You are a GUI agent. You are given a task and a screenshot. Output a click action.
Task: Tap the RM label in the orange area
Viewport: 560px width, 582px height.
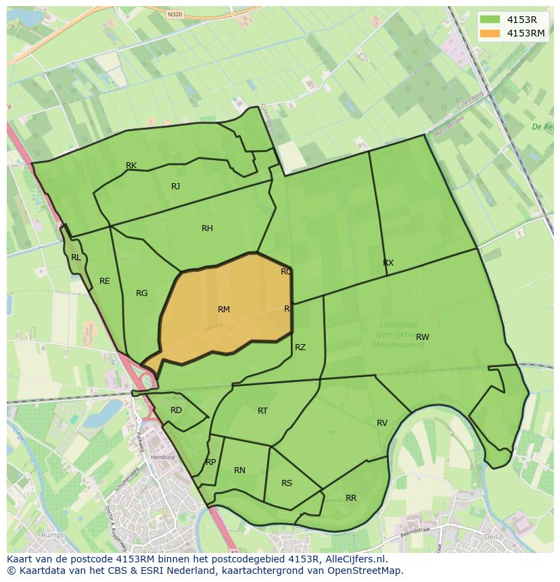tap(224, 310)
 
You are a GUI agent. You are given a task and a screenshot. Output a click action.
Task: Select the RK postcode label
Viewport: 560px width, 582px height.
tap(131, 166)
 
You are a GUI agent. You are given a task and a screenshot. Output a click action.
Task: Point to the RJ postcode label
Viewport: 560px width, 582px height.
tap(176, 187)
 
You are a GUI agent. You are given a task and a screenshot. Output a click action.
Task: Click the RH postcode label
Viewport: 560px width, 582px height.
tap(207, 228)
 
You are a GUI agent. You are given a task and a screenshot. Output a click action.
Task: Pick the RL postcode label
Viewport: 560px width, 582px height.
tap(76, 258)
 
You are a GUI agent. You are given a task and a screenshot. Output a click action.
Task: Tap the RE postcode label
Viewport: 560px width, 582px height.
tap(105, 281)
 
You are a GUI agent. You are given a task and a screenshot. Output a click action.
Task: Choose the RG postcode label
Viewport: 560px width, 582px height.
tap(141, 293)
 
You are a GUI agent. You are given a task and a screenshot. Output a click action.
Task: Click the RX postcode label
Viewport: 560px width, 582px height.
tap(388, 263)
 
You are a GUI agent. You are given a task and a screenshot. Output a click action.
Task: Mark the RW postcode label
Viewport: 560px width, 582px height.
tap(423, 337)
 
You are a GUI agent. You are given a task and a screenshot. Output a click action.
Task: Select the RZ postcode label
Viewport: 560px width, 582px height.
tap(300, 347)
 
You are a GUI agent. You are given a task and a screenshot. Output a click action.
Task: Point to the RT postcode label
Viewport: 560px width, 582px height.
tap(263, 411)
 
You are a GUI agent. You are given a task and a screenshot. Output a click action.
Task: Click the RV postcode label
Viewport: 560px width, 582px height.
tap(382, 423)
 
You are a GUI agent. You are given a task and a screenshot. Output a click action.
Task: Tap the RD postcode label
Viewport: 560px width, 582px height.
tap(176, 410)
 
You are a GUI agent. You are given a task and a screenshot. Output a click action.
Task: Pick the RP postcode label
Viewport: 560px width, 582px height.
tap(210, 462)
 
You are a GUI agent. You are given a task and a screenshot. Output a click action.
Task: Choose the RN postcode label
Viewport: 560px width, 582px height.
tap(239, 470)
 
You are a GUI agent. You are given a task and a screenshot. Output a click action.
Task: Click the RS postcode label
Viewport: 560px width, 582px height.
tap(287, 483)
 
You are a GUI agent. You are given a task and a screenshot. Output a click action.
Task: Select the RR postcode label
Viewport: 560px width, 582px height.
tap(351, 498)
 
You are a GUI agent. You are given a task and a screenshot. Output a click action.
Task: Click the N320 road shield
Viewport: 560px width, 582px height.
tap(174, 14)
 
